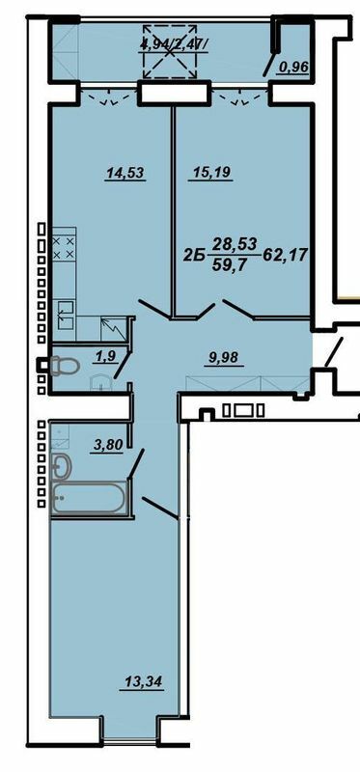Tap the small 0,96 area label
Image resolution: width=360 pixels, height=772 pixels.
point(293,68)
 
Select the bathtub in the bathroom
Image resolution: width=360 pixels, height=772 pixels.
point(87,501)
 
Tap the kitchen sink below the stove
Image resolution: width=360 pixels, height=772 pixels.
point(65,311)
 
